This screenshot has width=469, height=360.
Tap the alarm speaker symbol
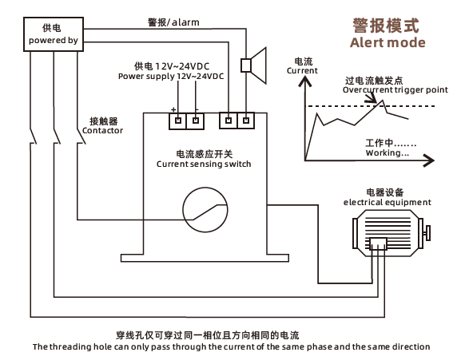pos(253,65)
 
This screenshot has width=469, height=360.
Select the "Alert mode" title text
pos(388,42)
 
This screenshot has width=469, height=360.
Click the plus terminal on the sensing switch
pos(178,121)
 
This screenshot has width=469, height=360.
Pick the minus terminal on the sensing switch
pos(196,121)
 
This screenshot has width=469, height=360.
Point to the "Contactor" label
pos(102,131)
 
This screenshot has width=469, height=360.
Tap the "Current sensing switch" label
pos(204,164)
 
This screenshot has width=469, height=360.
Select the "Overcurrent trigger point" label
pos(395,90)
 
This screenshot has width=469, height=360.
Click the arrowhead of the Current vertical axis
pos(304,81)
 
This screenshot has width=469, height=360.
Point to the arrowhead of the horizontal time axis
pos(429,160)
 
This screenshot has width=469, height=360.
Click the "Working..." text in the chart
pos(388,152)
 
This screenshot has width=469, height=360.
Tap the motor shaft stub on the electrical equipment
pos(428,233)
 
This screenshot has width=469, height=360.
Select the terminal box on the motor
pos(379,244)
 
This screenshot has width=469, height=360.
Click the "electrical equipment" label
pos(388,202)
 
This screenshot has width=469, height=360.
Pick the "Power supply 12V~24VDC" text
pos(171,76)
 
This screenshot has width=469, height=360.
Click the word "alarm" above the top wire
pos(185,22)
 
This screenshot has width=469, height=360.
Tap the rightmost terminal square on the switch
pos(246,121)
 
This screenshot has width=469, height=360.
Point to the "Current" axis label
pos(302,71)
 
